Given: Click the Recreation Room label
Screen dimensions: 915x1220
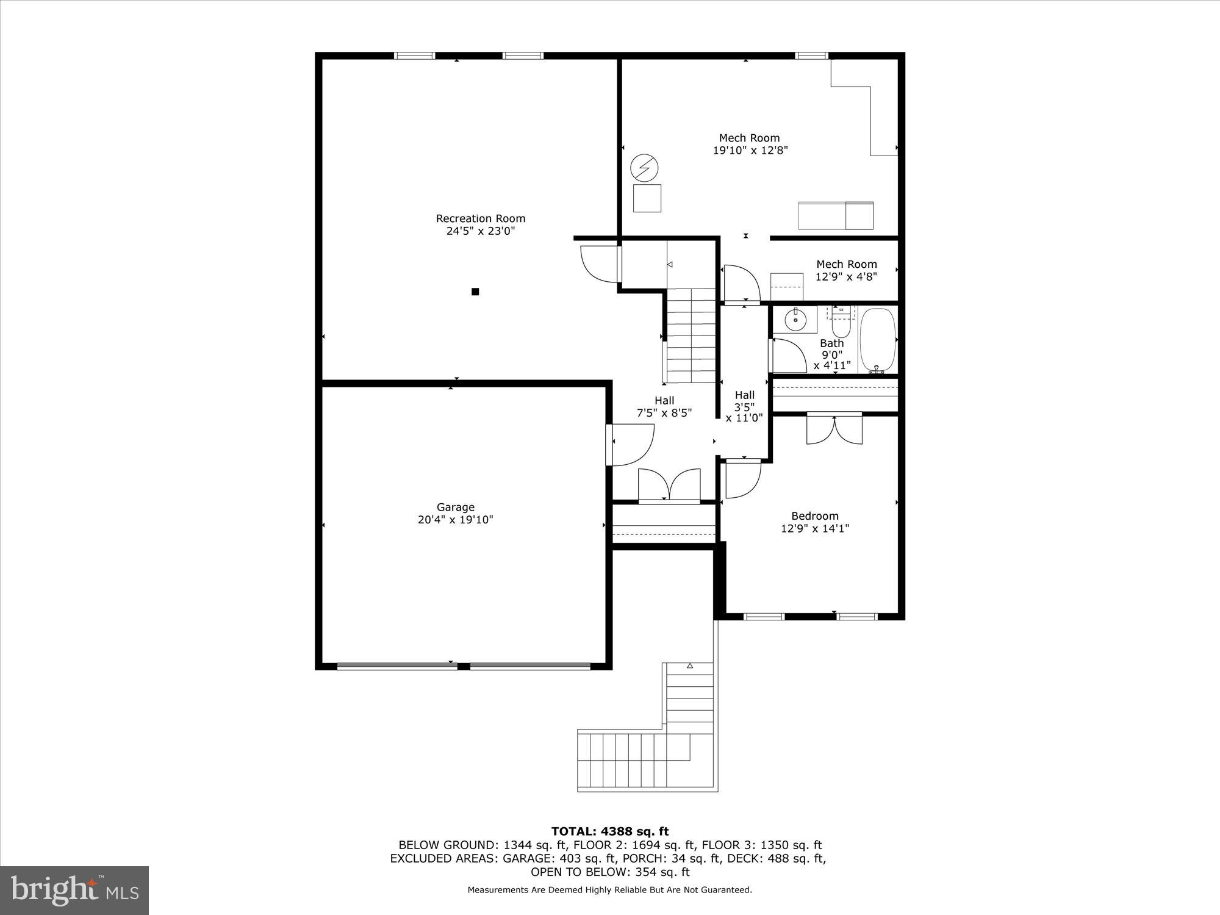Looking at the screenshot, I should tap(480, 218).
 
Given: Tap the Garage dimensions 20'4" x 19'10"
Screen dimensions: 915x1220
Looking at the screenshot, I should tap(455, 520).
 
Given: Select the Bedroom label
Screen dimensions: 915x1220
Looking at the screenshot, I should tap(815, 516).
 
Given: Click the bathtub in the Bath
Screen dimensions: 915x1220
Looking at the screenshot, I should tap(878, 340).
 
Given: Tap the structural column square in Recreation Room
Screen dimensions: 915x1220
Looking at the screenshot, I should tap(475, 292).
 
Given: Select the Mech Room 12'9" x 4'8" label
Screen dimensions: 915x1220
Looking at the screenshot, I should tap(846, 270).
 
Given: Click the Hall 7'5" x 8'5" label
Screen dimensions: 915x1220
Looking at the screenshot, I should tap(664, 407).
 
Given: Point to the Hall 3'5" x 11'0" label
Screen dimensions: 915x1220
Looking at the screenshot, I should tap(744, 406).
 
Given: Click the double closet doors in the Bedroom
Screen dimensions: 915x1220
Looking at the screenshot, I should tap(834, 429).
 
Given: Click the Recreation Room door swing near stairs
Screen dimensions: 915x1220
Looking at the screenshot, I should tap(599, 264).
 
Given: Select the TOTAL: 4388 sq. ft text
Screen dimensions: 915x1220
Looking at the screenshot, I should tap(610, 831).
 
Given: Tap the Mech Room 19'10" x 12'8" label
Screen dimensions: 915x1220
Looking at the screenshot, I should tap(750, 144).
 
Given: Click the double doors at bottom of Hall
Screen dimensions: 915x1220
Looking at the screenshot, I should tap(669, 485).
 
